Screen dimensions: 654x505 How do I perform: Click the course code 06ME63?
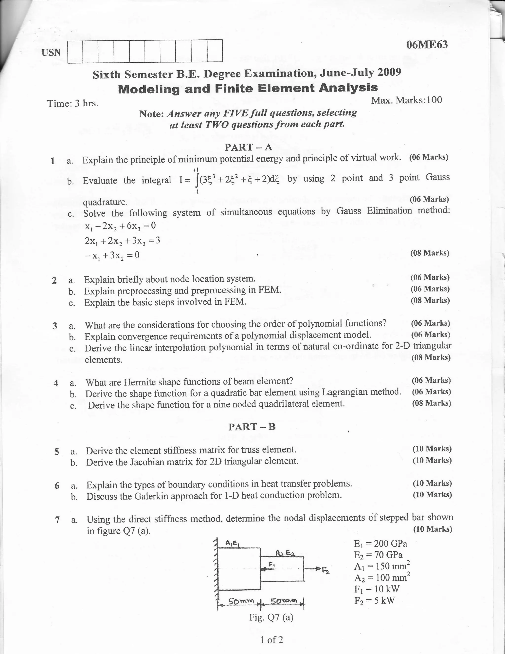[x=427, y=45]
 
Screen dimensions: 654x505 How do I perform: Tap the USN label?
[x=51, y=53]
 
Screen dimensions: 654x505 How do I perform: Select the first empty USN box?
[x=75, y=52]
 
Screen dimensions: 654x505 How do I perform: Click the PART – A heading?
[x=249, y=147]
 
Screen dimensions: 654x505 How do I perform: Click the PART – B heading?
[x=252, y=427]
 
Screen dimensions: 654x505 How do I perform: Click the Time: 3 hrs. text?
[x=73, y=104]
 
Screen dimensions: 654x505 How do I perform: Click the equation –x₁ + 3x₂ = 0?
[x=112, y=255]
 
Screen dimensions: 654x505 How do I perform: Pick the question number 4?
[x=56, y=383]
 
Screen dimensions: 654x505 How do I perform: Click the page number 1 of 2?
[x=271, y=640]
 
